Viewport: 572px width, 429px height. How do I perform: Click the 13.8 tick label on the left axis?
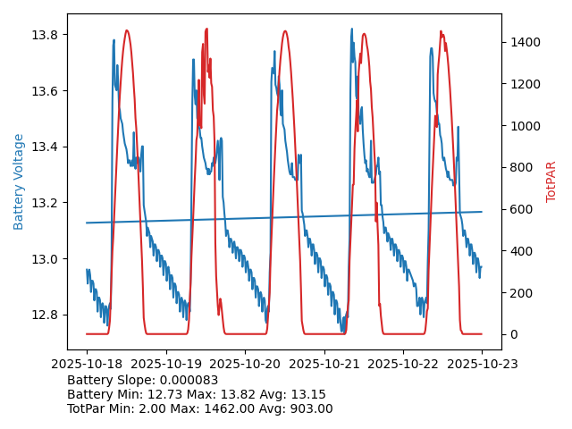(46, 35)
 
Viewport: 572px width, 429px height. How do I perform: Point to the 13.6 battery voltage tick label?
(46, 91)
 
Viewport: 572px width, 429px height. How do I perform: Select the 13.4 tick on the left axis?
(46, 147)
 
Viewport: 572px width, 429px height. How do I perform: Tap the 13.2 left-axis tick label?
(46, 203)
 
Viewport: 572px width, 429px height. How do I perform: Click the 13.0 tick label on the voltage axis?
(46, 259)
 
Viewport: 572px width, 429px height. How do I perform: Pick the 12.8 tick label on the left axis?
(46, 315)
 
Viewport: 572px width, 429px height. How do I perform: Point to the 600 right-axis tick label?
(519, 209)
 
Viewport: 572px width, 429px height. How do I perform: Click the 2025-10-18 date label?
(87, 364)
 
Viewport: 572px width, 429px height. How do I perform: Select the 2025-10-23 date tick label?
(482, 364)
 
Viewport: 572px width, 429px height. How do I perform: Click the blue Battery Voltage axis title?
(19, 181)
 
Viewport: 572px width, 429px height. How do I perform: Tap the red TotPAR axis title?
(551, 181)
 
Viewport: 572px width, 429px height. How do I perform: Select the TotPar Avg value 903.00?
(309, 408)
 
